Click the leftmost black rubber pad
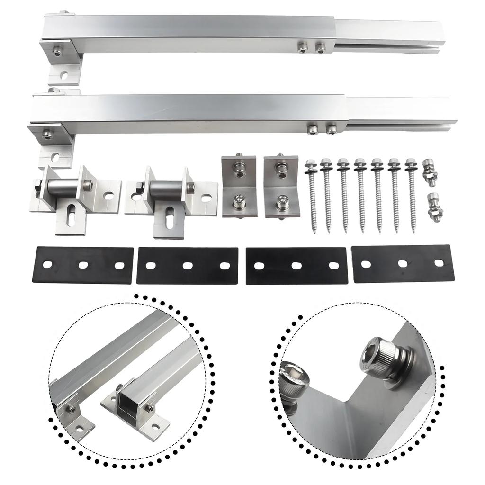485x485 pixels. point(82,265)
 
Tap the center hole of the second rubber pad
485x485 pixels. point(188,266)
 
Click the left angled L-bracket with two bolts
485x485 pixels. point(239,187)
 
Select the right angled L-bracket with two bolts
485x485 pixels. point(280,187)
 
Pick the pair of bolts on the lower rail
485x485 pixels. point(322,128)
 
